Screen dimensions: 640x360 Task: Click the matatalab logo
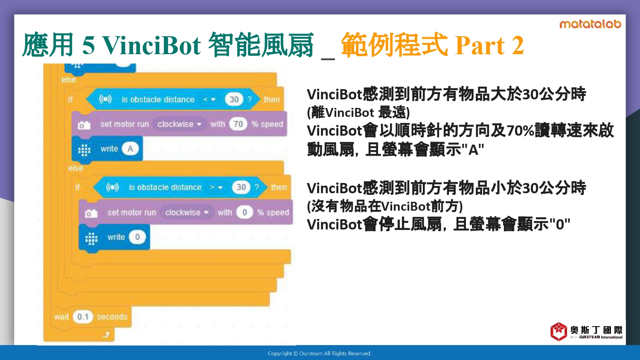[x=590, y=24]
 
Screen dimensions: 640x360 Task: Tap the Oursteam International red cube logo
[x=559, y=331]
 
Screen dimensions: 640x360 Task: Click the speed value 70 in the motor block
[x=238, y=124]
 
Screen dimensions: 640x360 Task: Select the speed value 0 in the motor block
[x=244, y=212]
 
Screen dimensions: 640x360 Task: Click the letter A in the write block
[x=130, y=148]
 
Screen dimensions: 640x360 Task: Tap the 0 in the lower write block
[x=137, y=237]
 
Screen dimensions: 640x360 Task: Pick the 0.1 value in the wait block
[x=83, y=316]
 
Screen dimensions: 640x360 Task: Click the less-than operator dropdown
[x=209, y=99]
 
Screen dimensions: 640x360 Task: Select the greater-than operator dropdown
[x=216, y=187]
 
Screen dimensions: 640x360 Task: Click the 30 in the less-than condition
[x=234, y=99]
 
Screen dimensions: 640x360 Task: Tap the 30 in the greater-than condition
[x=241, y=187]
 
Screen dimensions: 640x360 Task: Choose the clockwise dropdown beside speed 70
[x=180, y=124]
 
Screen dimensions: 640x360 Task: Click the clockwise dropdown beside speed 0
[x=187, y=212]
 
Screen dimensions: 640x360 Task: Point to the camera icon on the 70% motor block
[x=84, y=125]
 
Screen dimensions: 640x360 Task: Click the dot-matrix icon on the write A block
[x=84, y=150]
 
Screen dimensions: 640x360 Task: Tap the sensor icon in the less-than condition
[x=105, y=99]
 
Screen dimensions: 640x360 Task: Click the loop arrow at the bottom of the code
[x=106, y=334]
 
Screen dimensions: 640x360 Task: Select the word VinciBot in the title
[x=151, y=45]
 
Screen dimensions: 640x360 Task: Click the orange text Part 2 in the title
[x=489, y=45]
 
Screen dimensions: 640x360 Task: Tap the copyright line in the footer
[x=320, y=354]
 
